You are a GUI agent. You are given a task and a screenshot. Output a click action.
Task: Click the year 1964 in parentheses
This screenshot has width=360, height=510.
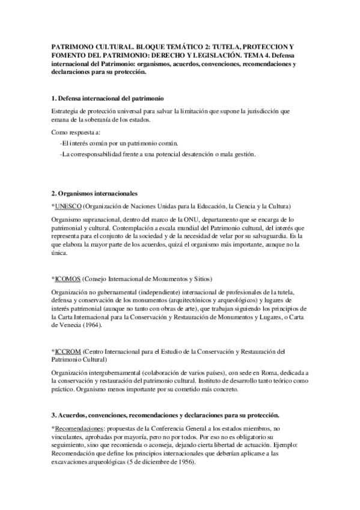90,325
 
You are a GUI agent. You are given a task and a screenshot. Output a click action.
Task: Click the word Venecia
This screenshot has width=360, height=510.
65,325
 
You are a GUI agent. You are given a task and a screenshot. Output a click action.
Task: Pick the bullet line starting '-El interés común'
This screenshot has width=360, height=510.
119,143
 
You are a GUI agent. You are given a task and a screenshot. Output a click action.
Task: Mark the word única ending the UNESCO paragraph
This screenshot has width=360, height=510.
59,254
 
